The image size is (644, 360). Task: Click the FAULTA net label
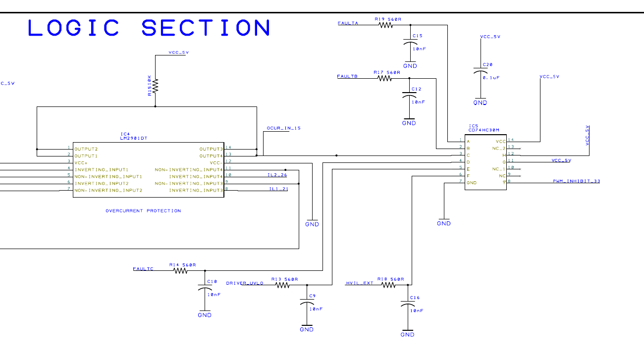pos(348,23)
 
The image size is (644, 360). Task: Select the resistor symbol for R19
pos(386,25)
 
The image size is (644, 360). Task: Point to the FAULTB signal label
pos(347,76)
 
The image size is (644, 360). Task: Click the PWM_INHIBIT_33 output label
pos(576,181)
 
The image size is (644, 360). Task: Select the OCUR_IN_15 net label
pos(283,128)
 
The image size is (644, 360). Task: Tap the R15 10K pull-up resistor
pos(155,86)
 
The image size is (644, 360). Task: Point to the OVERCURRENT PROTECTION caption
pos(143,211)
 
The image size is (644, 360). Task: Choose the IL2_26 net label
pos(278,175)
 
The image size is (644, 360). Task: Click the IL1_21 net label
pos(278,189)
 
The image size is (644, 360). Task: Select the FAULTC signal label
pos(143,269)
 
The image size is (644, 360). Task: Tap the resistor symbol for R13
pos(283,285)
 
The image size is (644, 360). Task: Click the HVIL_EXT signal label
pos(359,283)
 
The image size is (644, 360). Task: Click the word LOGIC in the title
pos(74,28)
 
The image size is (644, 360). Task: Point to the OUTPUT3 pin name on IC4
pos(211,149)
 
